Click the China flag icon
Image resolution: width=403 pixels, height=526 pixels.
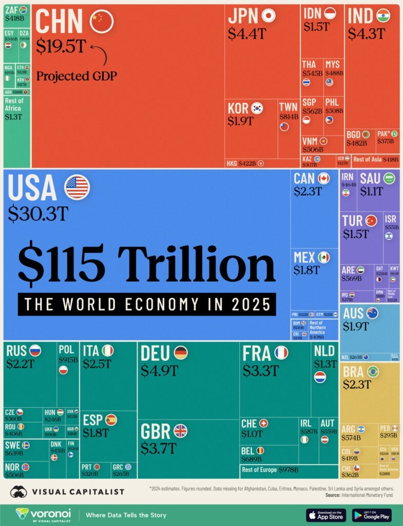[101, 21]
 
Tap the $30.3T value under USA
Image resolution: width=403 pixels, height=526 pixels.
[37, 213]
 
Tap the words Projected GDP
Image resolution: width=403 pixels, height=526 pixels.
[76, 76]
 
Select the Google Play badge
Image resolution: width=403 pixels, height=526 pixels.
[372, 515]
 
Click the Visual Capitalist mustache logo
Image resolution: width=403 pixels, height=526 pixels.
[20, 492]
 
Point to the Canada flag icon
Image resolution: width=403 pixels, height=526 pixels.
[323, 178]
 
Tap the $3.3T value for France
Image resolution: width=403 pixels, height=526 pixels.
[261, 370]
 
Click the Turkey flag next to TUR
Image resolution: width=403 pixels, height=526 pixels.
[371, 220]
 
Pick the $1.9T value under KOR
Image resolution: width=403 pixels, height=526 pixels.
[241, 121]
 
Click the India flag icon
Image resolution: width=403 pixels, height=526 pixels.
[383, 16]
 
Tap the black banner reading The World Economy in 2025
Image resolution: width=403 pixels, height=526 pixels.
[147, 304]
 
